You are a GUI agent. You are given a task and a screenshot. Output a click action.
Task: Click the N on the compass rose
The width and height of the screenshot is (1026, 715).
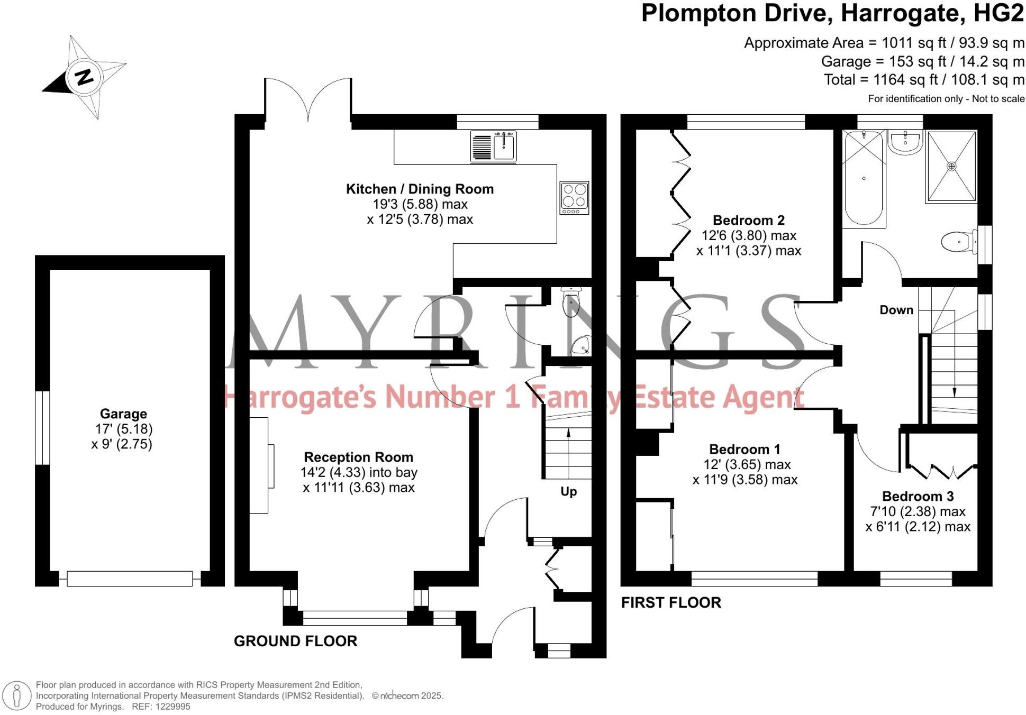(x=84, y=77)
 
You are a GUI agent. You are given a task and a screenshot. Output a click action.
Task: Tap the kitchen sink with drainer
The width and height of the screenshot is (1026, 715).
(x=493, y=146)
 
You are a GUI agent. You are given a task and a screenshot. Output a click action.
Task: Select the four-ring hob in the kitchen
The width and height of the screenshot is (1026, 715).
(x=574, y=198)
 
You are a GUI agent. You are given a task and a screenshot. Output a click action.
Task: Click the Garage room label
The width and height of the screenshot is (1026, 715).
(x=123, y=414)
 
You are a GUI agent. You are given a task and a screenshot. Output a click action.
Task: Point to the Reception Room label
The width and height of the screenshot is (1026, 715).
(x=359, y=457)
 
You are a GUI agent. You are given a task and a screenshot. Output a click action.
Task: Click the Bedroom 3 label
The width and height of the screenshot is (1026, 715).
(x=918, y=496)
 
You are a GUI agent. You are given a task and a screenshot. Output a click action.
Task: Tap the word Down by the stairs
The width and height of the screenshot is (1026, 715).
(x=896, y=310)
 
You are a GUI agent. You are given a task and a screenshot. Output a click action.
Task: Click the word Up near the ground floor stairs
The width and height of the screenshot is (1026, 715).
(x=569, y=492)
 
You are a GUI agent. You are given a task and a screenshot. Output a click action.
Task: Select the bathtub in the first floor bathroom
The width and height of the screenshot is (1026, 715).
(x=864, y=178)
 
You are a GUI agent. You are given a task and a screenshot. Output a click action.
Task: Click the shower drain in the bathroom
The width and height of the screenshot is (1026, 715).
(x=951, y=166)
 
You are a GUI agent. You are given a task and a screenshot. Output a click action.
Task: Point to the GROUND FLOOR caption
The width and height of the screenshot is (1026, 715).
(x=296, y=641)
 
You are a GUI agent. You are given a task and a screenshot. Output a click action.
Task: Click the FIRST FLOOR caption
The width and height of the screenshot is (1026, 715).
(x=671, y=602)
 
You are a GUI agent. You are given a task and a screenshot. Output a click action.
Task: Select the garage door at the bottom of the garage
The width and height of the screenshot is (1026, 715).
(x=130, y=579)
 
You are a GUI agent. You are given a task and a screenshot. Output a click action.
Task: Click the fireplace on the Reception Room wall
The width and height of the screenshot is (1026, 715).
(x=262, y=465)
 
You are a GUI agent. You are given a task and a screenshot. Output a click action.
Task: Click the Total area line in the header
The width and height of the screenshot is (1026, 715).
(x=924, y=80)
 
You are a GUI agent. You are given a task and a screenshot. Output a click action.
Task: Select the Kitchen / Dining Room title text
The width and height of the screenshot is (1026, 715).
(x=420, y=189)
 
